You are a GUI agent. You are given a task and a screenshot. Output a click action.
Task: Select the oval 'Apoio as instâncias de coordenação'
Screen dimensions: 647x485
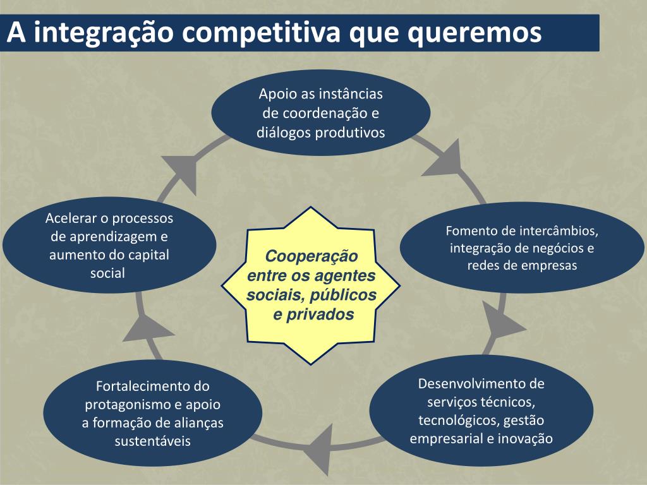click(320, 113)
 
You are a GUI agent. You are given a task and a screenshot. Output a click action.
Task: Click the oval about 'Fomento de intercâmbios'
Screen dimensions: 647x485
click(522, 248)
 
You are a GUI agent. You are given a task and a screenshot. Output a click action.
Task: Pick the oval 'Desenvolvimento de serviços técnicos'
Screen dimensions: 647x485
click(481, 410)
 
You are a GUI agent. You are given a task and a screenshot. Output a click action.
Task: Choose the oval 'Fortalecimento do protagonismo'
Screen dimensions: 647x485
click(152, 413)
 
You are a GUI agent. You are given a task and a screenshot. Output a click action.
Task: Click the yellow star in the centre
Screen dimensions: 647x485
click(310, 285)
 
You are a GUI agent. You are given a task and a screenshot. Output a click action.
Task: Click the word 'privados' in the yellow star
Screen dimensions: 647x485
click(322, 314)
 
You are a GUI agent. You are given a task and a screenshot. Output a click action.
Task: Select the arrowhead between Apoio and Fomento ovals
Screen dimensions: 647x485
click(445, 160)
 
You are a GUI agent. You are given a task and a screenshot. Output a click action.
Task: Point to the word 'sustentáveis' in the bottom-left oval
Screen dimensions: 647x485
click(152, 440)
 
